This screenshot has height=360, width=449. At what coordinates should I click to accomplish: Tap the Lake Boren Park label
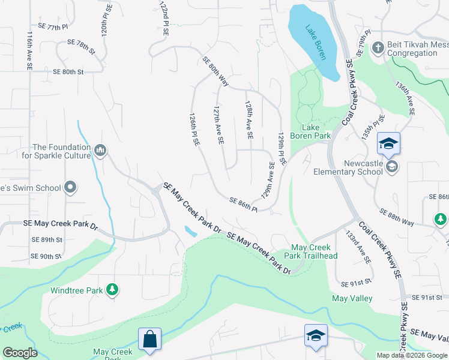click(x=308, y=131)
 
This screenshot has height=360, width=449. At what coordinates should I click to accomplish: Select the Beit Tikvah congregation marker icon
click(x=378, y=47)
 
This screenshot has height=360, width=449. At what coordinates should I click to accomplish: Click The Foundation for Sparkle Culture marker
click(x=100, y=149)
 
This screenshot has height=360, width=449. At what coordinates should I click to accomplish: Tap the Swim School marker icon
click(x=71, y=187)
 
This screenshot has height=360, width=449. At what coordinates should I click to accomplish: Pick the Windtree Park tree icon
click(x=112, y=290)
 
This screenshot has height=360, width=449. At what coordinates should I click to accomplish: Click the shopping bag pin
click(x=149, y=339)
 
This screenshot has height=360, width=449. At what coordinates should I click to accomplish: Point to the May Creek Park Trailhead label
click(x=313, y=251)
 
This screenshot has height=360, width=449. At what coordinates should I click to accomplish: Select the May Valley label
click(x=352, y=298)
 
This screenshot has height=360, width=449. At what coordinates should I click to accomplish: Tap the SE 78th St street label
click(x=81, y=46)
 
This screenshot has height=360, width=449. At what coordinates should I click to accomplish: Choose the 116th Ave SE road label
click(x=29, y=52)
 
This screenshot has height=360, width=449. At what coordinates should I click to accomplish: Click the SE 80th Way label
click(x=216, y=71)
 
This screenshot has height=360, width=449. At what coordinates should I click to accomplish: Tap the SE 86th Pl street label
click(x=243, y=205)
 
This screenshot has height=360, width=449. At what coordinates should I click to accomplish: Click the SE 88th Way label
click(x=397, y=217)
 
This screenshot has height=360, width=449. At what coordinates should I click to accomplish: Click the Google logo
click(x=20, y=352)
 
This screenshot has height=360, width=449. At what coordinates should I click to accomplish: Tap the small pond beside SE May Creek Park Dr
click(x=190, y=230)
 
